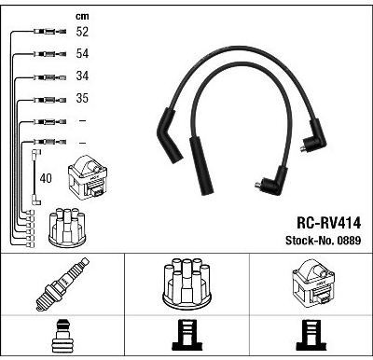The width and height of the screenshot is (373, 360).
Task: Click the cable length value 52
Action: click(82, 32)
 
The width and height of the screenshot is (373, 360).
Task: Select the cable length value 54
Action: click(82, 53)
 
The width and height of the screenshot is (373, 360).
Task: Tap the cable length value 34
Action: click(82, 76)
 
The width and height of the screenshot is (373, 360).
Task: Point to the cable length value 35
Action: click(82, 98)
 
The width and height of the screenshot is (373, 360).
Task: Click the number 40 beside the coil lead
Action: click(46, 178)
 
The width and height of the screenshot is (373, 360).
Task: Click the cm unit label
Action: click(82, 16)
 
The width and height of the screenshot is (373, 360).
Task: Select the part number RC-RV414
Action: click(329, 223)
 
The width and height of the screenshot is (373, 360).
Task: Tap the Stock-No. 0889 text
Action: click(324, 241)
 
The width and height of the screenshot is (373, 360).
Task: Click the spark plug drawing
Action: click(62, 284)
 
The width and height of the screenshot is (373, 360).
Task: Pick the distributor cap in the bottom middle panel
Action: click(186, 284)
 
